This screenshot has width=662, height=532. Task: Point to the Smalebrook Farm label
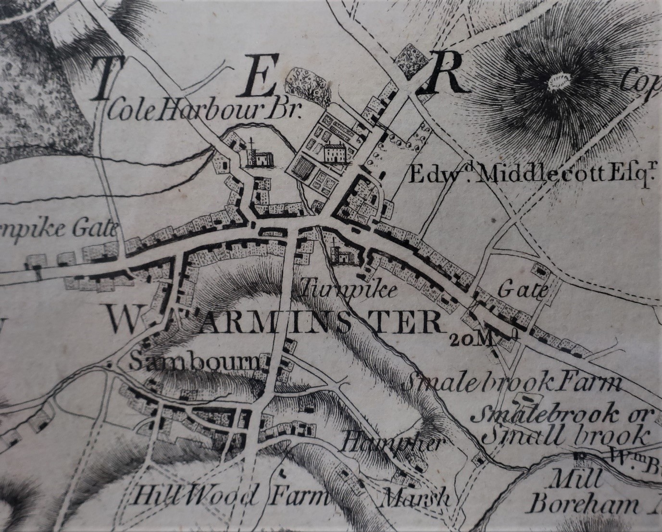click(x=512, y=384)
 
